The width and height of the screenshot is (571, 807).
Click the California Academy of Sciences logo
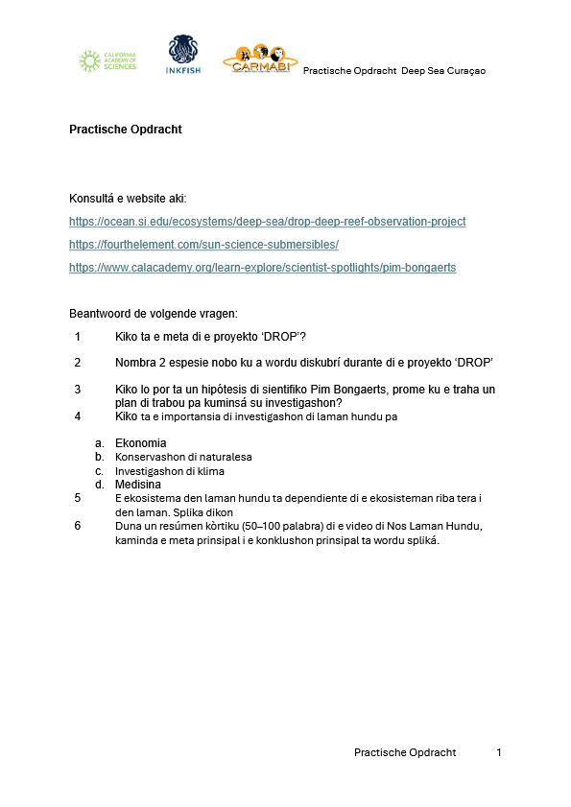click(x=107, y=61)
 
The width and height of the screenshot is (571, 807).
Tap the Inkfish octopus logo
click(x=182, y=55)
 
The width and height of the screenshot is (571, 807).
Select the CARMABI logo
click(x=259, y=59)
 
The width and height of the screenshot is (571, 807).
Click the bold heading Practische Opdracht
click(x=125, y=129)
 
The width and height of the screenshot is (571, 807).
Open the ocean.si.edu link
click(x=267, y=222)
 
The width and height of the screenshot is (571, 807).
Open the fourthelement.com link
click(x=203, y=245)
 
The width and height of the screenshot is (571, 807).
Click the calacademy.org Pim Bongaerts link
click(x=262, y=268)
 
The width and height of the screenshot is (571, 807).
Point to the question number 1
click(x=78, y=337)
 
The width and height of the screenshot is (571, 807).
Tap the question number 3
click(x=78, y=390)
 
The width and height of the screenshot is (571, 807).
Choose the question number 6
click(x=78, y=527)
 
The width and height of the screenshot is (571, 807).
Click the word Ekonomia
click(x=140, y=443)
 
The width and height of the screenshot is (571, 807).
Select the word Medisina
click(x=139, y=486)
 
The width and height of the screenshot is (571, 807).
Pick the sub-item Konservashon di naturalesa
click(x=183, y=457)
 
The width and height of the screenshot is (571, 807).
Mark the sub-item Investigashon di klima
click(x=170, y=471)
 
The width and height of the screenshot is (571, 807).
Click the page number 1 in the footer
click(x=499, y=752)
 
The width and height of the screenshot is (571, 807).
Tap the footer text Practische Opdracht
click(x=405, y=752)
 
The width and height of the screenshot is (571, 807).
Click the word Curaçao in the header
click(x=464, y=71)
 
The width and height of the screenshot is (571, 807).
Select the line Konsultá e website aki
click(x=128, y=199)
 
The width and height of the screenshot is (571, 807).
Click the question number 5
click(x=78, y=498)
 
